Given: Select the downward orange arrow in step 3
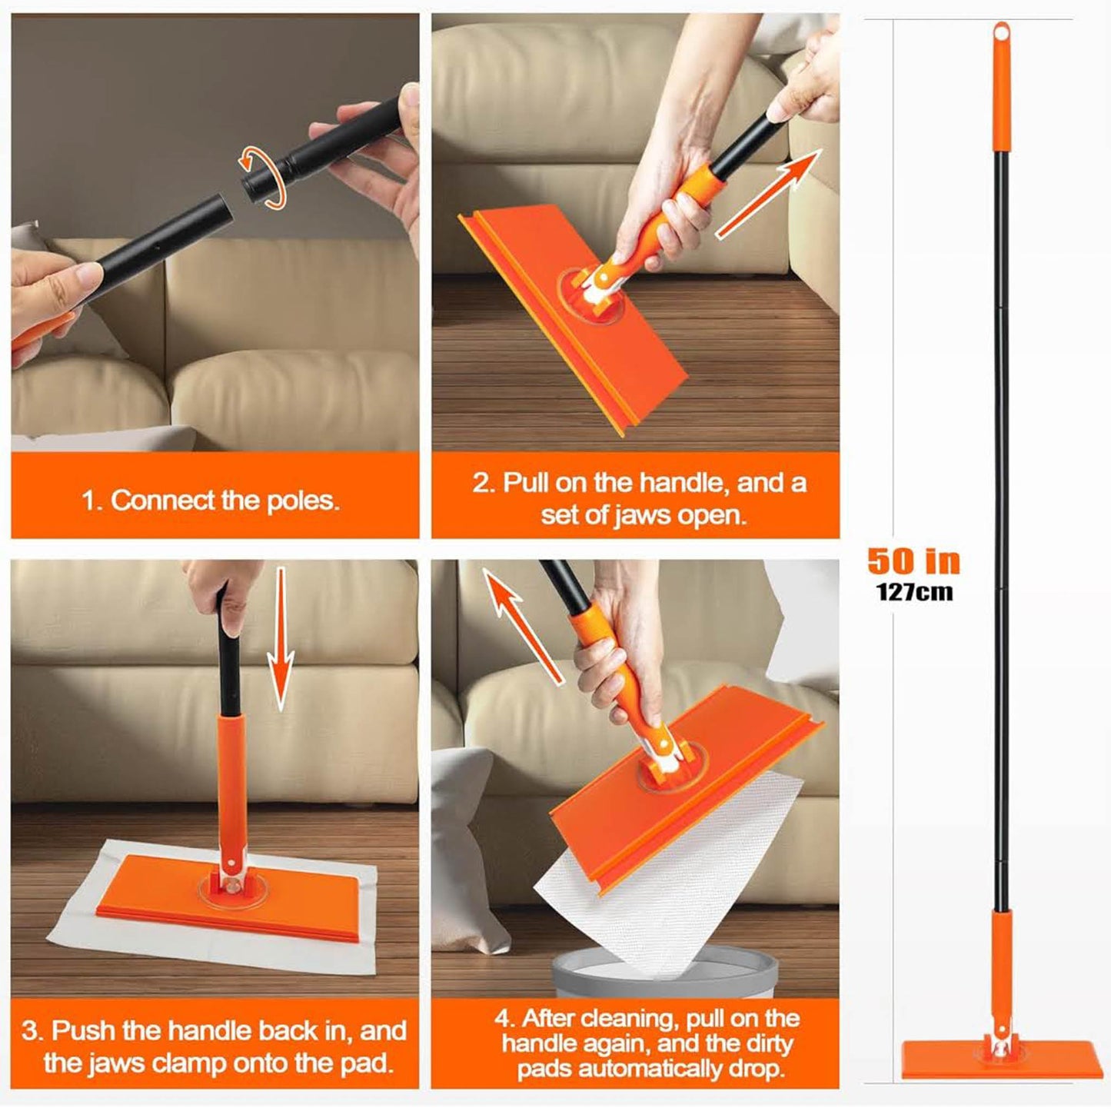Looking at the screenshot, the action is (281, 639).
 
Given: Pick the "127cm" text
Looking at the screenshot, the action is (915, 593).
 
